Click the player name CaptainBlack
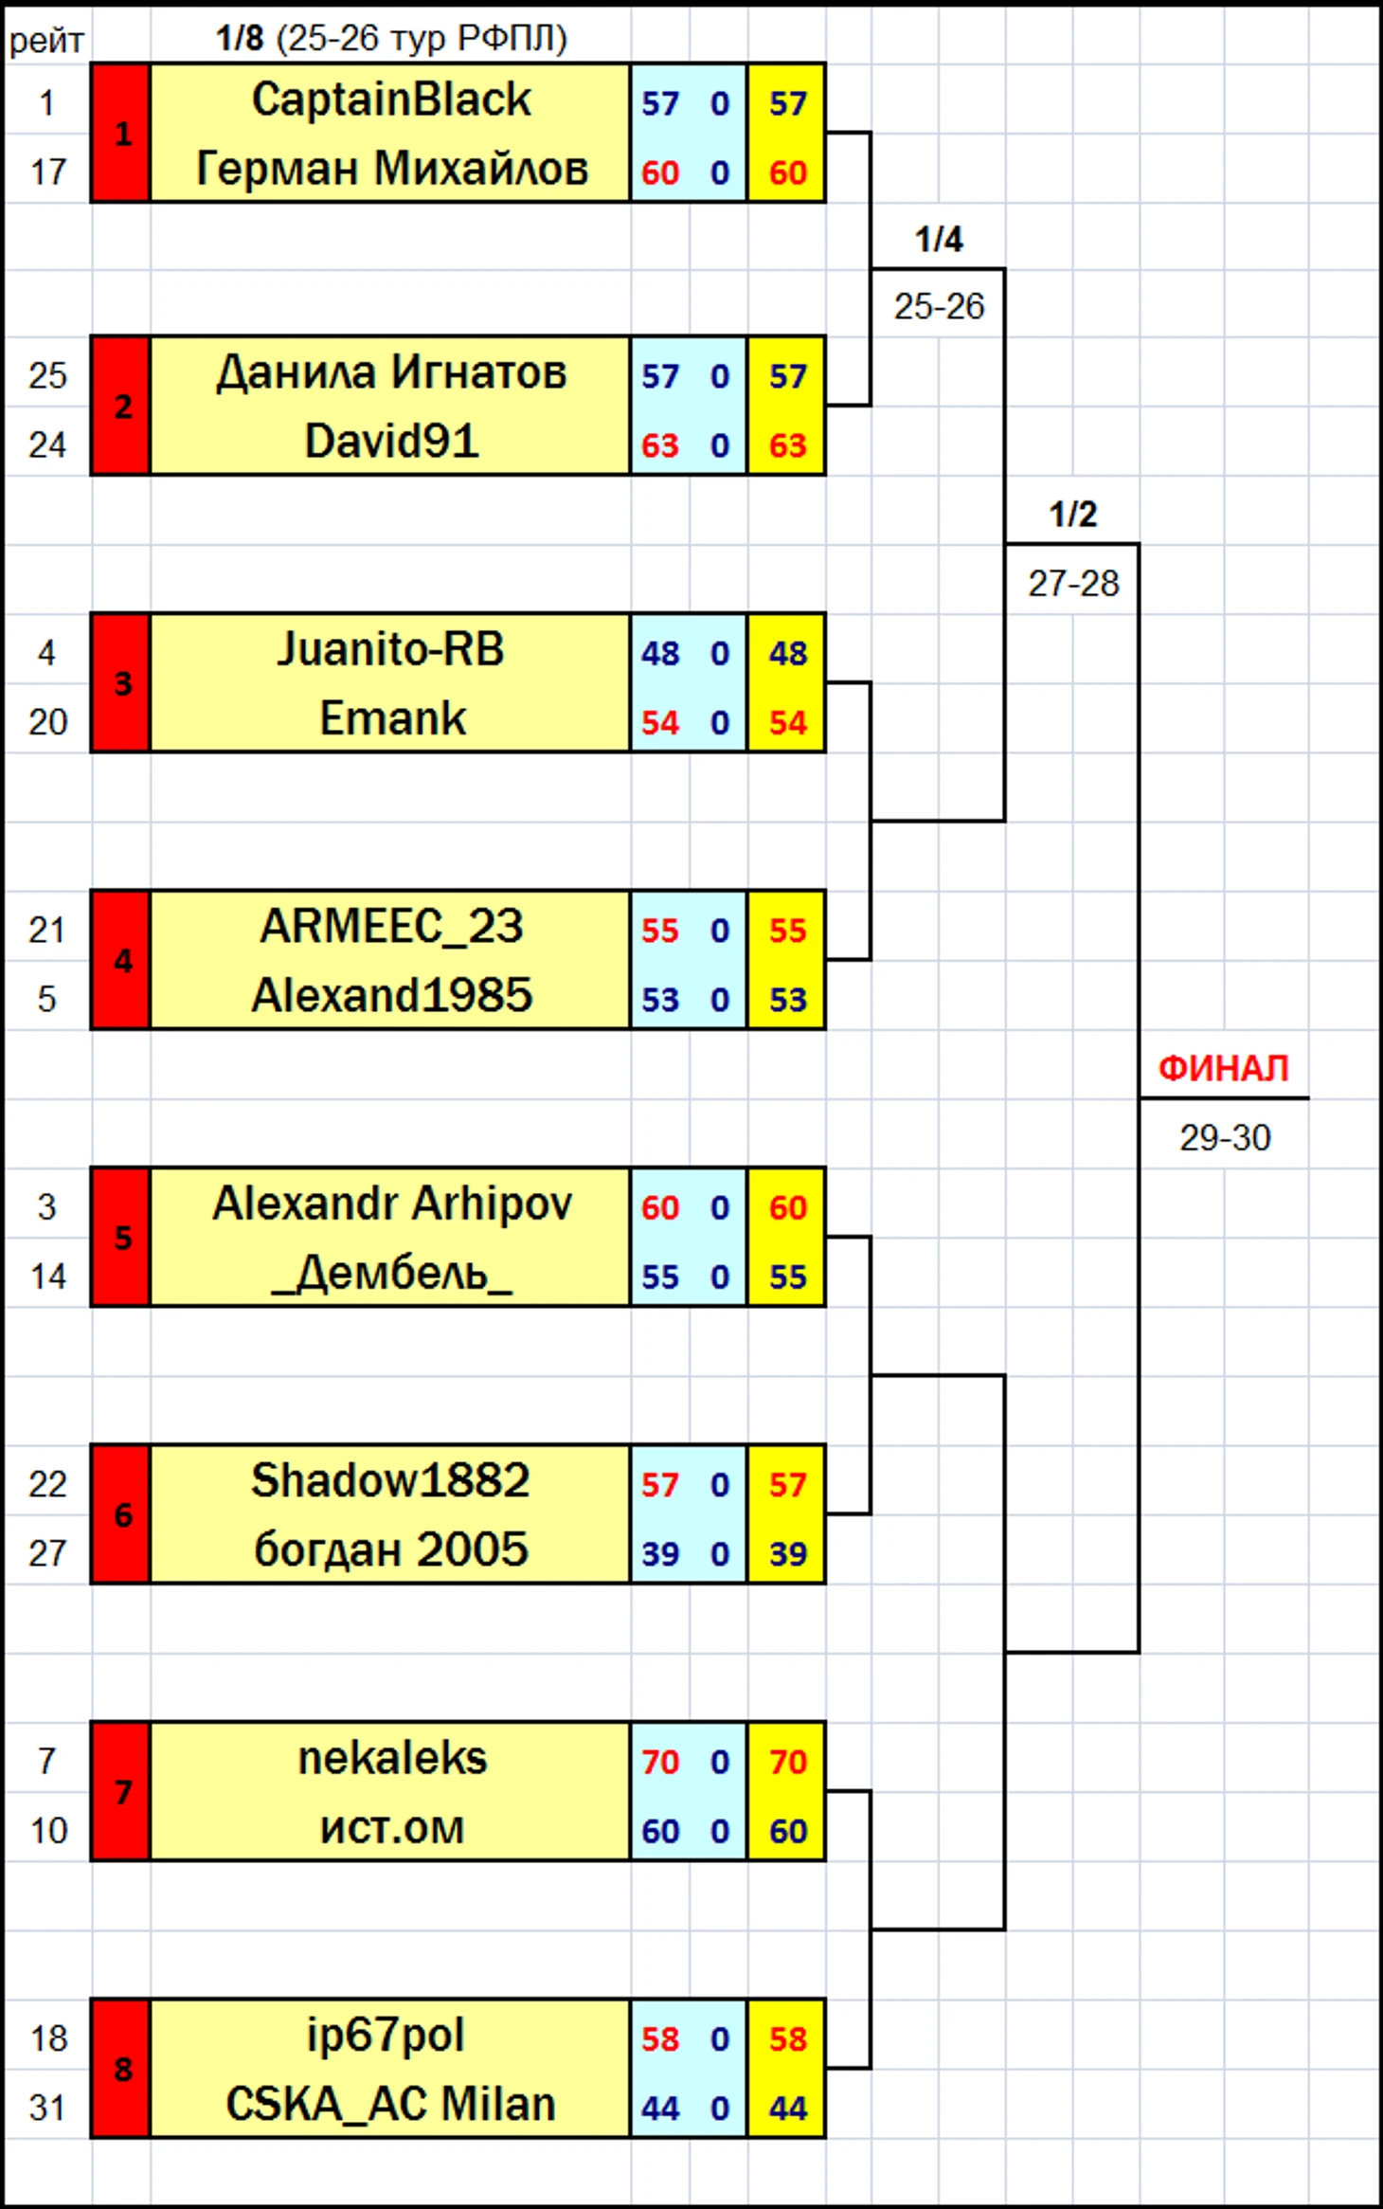tap(390, 100)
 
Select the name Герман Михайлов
tap(390, 169)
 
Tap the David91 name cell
tap(390, 442)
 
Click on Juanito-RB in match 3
tap(390, 649)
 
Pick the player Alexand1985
tap(390, 996)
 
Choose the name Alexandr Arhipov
tap(390, 1204)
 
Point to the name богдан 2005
tap(390, 1550)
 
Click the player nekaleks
tap(390, 1759)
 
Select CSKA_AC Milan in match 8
tap(390, 2105)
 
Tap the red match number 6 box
tap(121, 1514)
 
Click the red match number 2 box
tap(121, 406)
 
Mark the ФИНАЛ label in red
tap(1223, 1069)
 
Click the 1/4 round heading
tap(938, 239)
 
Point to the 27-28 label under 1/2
tap(1073, 584)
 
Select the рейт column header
tap(46, 41)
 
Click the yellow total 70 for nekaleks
tap(787, 1762)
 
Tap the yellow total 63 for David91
tap(787, 445)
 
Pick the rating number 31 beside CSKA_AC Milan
tap(47, 2108)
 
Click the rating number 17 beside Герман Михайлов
tap(47, 172)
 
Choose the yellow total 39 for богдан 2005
tap(787, 1554)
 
